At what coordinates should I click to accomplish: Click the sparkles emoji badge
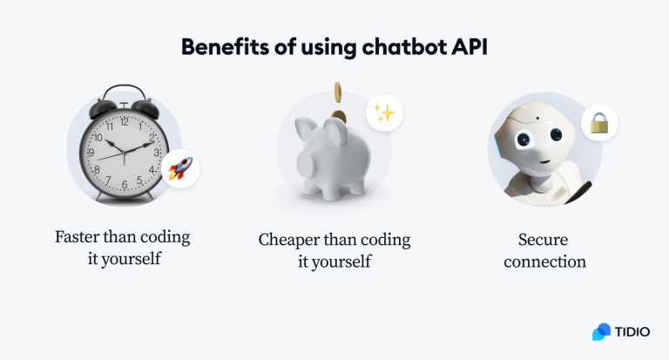(383, 113)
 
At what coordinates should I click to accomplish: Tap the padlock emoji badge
(598, 124)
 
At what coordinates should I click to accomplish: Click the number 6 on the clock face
(125, 186)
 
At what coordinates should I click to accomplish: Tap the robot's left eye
(527, 140)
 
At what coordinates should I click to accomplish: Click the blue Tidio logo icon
(601, 332)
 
